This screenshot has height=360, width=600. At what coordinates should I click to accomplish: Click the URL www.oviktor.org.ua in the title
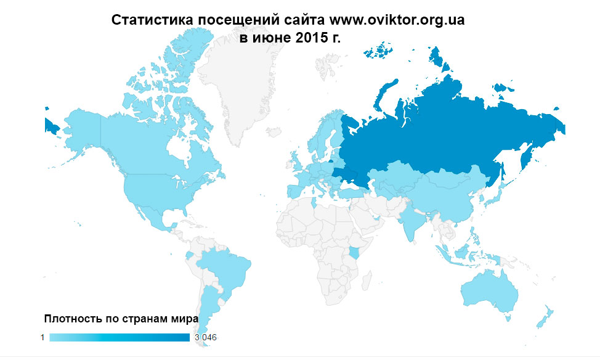397,20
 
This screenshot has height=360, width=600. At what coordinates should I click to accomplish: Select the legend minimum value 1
43,337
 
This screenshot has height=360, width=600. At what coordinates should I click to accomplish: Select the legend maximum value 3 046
206,337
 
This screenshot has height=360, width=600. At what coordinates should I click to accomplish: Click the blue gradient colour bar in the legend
120,337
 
